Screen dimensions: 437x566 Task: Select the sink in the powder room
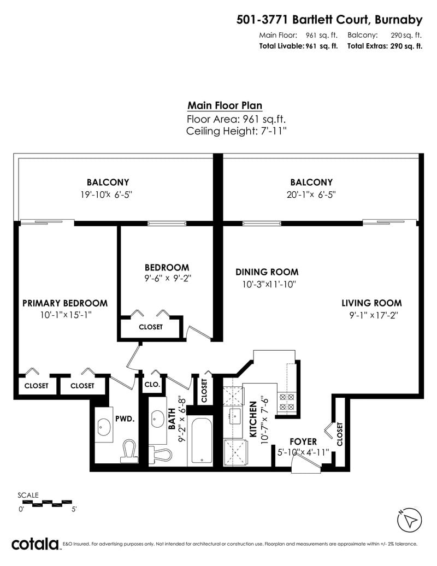coord(104,428)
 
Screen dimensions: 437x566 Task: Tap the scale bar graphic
coord(45,503)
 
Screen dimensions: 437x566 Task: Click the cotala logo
coord(35,544)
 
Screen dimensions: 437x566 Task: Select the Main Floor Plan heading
coord(225,105)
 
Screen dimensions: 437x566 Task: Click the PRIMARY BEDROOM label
coord(65,303)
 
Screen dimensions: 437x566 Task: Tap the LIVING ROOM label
coord(371,303)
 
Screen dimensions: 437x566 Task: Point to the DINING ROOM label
coord(267,272)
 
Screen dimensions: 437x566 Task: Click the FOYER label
coord(303,441)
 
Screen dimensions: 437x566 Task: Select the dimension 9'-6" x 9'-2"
coord(168,278)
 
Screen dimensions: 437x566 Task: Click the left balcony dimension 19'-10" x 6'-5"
coord(107,194)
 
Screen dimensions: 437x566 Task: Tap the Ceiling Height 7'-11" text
coord(237,131)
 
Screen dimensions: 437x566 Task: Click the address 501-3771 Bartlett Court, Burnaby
coord(329,20)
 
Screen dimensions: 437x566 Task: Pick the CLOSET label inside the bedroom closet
coord(150,327)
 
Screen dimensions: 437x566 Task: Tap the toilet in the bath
coord(161,454)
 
